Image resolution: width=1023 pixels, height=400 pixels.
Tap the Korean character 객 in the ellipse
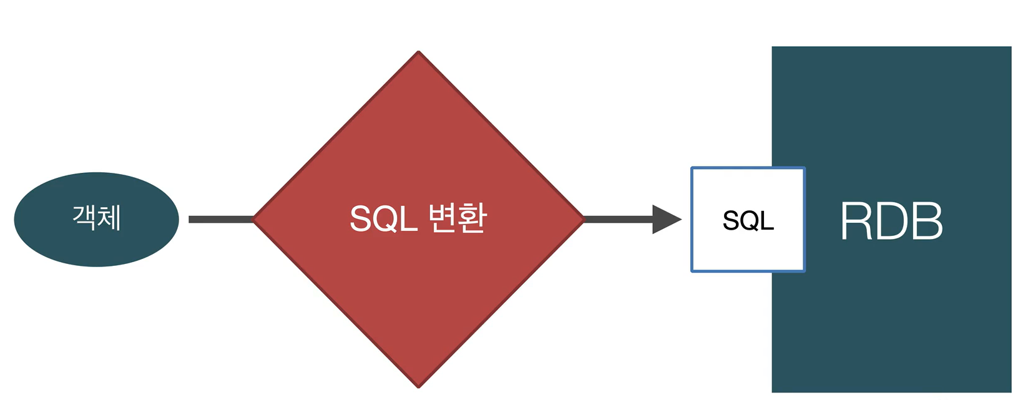(x=84, y=218)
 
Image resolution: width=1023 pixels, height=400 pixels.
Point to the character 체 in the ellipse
(x=109, y=218)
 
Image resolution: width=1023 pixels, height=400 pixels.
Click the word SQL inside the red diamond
(x=383, y=219)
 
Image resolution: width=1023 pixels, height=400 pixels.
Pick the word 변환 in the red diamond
(x=458, y=218)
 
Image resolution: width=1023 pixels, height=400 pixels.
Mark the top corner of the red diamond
(x=418, y=52)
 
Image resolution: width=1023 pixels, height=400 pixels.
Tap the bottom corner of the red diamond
(x=418, y=386)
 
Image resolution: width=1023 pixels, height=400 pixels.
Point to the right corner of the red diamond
(x=582, y=218)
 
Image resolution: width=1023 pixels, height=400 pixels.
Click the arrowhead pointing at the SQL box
(x=666, y=219)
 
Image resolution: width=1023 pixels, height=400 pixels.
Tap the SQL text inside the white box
(x=748, y=220)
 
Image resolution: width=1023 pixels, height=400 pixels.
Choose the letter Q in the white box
(x=748, y=220)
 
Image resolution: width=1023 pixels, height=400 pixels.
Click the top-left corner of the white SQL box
(x=692, y=168)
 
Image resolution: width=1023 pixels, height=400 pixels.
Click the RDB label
(x=891, y=221)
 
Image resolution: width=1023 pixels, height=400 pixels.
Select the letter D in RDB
(x=891, y=221)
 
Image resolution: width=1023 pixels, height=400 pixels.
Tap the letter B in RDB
(x=926, y=221)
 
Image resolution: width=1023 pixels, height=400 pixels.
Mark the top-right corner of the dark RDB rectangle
(x=1010, y=47)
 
